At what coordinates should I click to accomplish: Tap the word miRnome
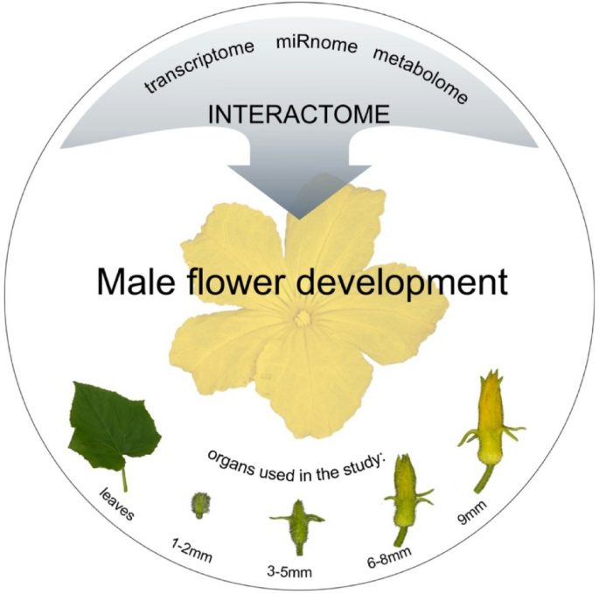pyautogui.click(x=316, y=43)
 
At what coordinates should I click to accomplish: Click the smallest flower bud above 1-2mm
pyautogui.click(x=201, y=504)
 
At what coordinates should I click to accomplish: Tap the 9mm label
pyautogui.click(x=479, y=513)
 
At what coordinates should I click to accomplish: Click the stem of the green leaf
pyautogui.click(x=124, y=478)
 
